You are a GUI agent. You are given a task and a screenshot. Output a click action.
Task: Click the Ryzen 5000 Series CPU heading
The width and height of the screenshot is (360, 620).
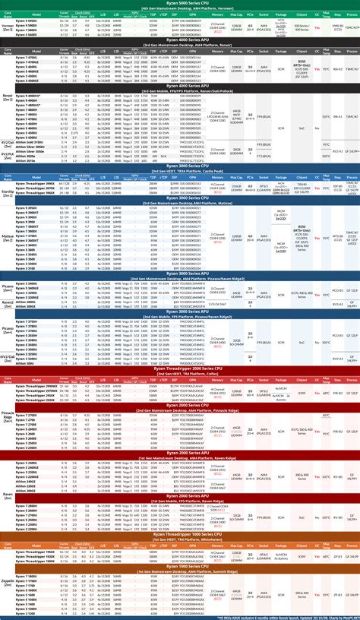tap(179, 3)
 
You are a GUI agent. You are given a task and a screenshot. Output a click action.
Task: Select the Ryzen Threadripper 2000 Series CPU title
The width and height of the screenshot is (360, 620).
tap(179, 368)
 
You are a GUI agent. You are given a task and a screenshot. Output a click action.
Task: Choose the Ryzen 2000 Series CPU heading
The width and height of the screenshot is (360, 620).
tap(179, 405)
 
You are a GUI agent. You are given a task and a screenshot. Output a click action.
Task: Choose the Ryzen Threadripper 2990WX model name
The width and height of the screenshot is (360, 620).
tap(34, 386)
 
